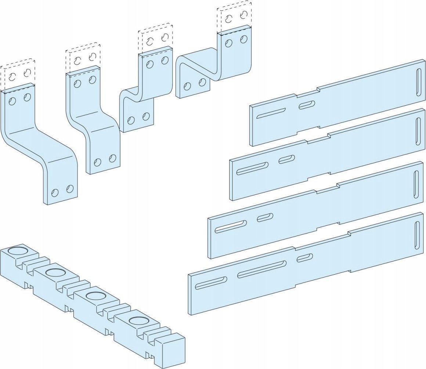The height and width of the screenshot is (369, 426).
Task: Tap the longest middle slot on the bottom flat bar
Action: (262, 269)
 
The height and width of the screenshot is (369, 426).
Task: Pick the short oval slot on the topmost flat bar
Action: (307, 105)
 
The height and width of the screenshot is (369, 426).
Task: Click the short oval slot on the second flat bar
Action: (286, 159)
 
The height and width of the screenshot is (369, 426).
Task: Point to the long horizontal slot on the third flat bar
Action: (231, 226)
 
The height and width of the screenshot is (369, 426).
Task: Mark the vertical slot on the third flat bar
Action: (416, 184)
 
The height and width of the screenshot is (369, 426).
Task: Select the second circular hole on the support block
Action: (54, 272)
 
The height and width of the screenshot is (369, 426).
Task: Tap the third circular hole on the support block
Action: (95, 296)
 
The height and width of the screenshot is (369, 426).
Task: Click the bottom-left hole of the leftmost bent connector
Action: (55, 192)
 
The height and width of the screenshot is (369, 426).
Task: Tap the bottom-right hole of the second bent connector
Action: (112, 159)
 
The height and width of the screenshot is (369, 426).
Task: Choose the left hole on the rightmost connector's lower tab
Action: (187, 86)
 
